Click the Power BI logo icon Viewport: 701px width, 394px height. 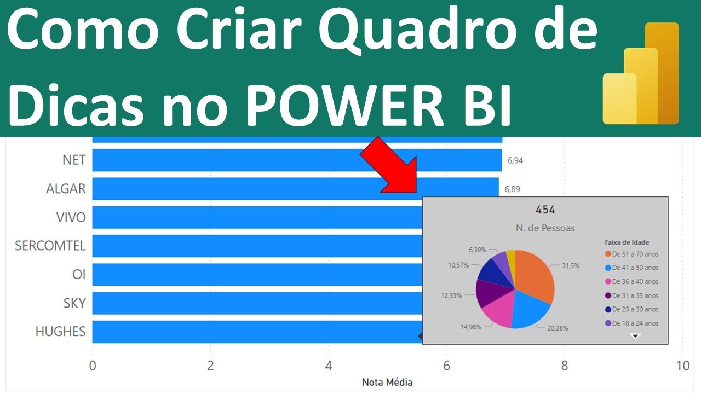(x=640, y=74)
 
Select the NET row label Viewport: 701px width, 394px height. (x=74, y=160)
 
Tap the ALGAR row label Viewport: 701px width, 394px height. (x=66, y=189)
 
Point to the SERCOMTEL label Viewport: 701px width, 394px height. (x=50, y=246)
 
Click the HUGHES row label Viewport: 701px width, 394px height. (x=60, y=331)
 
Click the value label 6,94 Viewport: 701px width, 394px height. (x=515, y=161)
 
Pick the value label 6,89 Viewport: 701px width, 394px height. (x=512, y=189)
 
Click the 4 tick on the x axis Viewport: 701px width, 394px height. (x=329, y=367)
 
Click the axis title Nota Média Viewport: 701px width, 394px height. (x=387, y=382)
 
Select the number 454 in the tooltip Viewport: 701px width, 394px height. (x=545, y=210)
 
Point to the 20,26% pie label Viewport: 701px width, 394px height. (x=558, y=328)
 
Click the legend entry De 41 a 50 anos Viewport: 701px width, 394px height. (x=635, y=268)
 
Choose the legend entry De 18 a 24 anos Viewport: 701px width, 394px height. (x=635, y=323)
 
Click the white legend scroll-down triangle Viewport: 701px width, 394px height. (x=635, y=336)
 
